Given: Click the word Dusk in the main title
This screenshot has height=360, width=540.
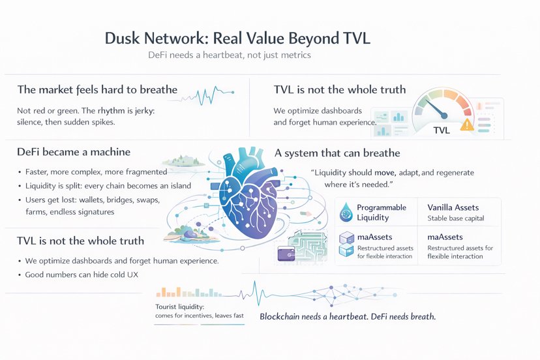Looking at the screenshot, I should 122,38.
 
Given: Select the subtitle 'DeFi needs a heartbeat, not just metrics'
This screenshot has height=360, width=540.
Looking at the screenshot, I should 229,55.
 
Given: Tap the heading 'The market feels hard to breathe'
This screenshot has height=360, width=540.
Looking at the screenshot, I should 97,89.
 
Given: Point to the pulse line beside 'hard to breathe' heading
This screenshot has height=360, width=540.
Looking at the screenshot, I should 207,96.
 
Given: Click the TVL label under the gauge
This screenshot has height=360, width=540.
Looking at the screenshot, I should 442,130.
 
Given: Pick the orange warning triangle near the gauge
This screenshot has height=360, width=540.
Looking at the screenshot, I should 467,124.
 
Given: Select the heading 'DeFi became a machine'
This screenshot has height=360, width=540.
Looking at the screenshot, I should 74,152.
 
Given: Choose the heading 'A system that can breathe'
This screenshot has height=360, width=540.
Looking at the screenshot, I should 337,153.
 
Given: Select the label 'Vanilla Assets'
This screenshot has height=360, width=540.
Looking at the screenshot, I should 453,207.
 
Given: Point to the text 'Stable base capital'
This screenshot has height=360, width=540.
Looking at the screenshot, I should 455,218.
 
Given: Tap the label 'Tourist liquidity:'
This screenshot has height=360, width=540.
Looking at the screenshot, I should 180,307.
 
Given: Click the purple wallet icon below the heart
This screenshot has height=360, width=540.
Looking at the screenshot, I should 286,253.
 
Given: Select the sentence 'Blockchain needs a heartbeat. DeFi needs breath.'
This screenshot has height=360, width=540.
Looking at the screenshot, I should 347,317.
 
